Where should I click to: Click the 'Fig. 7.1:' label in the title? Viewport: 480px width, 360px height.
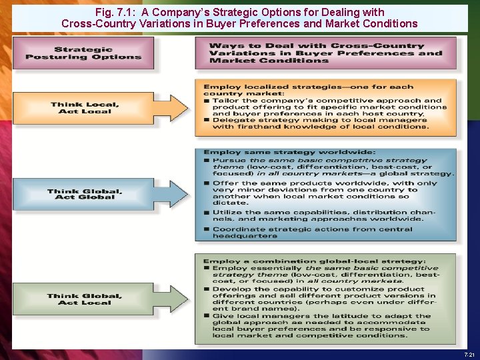[x=115, y=12]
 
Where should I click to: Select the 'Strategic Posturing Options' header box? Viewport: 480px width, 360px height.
[x=83, y=53]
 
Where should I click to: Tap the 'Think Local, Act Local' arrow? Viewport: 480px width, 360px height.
[x=100, y=108]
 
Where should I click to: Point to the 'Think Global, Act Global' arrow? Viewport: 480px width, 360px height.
[x=100, y=195]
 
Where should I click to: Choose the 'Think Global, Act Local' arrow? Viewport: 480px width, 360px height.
[x=100, y=299]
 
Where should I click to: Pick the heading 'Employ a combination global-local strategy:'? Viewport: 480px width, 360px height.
[x=314, y=261]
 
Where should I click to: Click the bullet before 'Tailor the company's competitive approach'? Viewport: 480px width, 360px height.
[x=207, y=101]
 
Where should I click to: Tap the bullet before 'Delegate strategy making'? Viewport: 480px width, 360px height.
[x=207, y=120]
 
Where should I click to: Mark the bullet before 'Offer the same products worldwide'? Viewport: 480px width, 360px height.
[x=207, y=183]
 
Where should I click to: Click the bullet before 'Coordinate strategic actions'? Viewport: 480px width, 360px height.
[x=207, y=229]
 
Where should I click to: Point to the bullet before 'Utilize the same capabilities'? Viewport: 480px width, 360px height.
[x=207, y=213]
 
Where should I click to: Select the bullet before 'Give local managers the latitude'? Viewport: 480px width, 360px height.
[x=207, y=316]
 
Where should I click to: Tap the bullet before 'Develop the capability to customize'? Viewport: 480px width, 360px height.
[x=207, y=289]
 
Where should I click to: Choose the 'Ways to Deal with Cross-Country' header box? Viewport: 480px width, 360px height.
[x=326, y=53]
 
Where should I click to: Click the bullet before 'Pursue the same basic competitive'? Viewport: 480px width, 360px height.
[x=207, y=161]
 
